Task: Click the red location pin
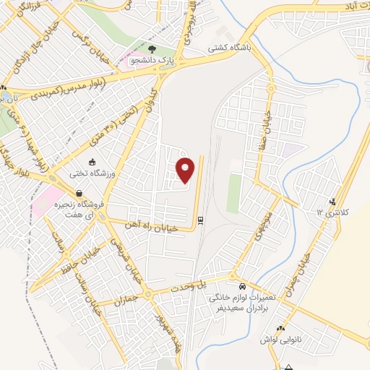(x=186, y=170)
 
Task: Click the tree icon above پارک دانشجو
(x=151, y=49)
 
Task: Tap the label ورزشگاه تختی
(x=92, y=173)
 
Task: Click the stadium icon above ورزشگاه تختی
(x=92, y=162)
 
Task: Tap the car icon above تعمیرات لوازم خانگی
(x=243, y=286)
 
